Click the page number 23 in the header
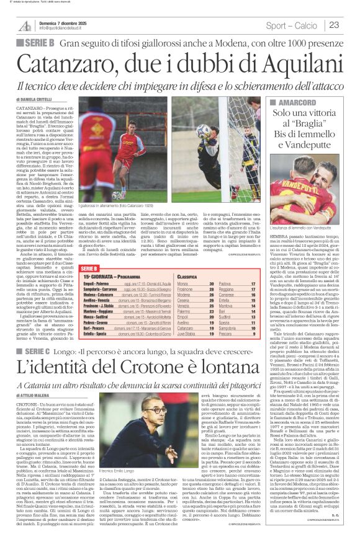coord(335,25)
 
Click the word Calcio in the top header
coord(306,25)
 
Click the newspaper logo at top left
coord(25,25)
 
